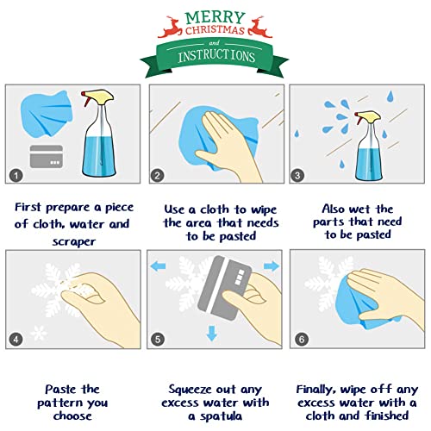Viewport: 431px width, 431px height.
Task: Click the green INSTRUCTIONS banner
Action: [x=216, y=56]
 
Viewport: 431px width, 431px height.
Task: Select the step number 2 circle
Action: [x=157, y=175]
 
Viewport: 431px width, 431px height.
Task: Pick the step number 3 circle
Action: [x=299, y=175]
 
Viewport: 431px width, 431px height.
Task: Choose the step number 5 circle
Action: [x=157, y=339]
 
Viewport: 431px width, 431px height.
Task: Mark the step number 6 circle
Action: [x=299, y=339]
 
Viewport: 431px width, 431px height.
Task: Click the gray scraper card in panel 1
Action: [x=47, y=158]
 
